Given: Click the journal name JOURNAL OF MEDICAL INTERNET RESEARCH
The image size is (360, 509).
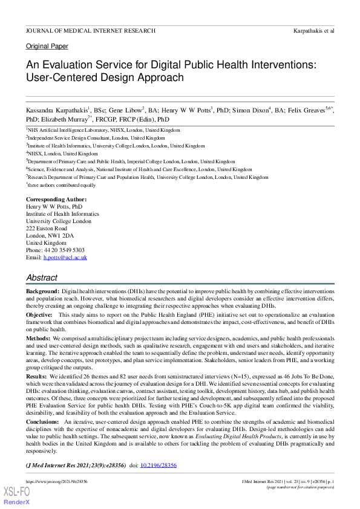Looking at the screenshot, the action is [x=91, y=30].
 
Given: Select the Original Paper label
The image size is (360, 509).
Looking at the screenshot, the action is [x=47, y=46].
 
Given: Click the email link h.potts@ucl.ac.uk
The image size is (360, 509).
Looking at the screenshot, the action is [x=65, y=258].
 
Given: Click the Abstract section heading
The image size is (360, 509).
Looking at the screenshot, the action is [x=42, y=277].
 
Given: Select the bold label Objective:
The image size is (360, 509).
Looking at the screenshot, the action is [x=39, y=315].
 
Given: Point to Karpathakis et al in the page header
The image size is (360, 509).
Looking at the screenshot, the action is [x=314, y=30].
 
